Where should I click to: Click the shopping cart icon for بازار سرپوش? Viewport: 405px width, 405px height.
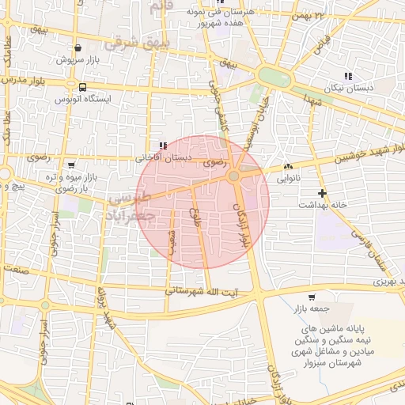point(77,47)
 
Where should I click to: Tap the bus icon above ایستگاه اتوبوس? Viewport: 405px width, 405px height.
point(83,87)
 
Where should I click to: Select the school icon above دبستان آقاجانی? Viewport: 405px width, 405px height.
point(163,146)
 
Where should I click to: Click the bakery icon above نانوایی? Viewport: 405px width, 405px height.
point(288,167)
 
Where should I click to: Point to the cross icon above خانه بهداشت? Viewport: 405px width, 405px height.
point(322,193)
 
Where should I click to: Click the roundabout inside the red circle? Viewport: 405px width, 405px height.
point(234,176)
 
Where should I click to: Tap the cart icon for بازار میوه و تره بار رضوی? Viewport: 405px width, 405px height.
point(72,165)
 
